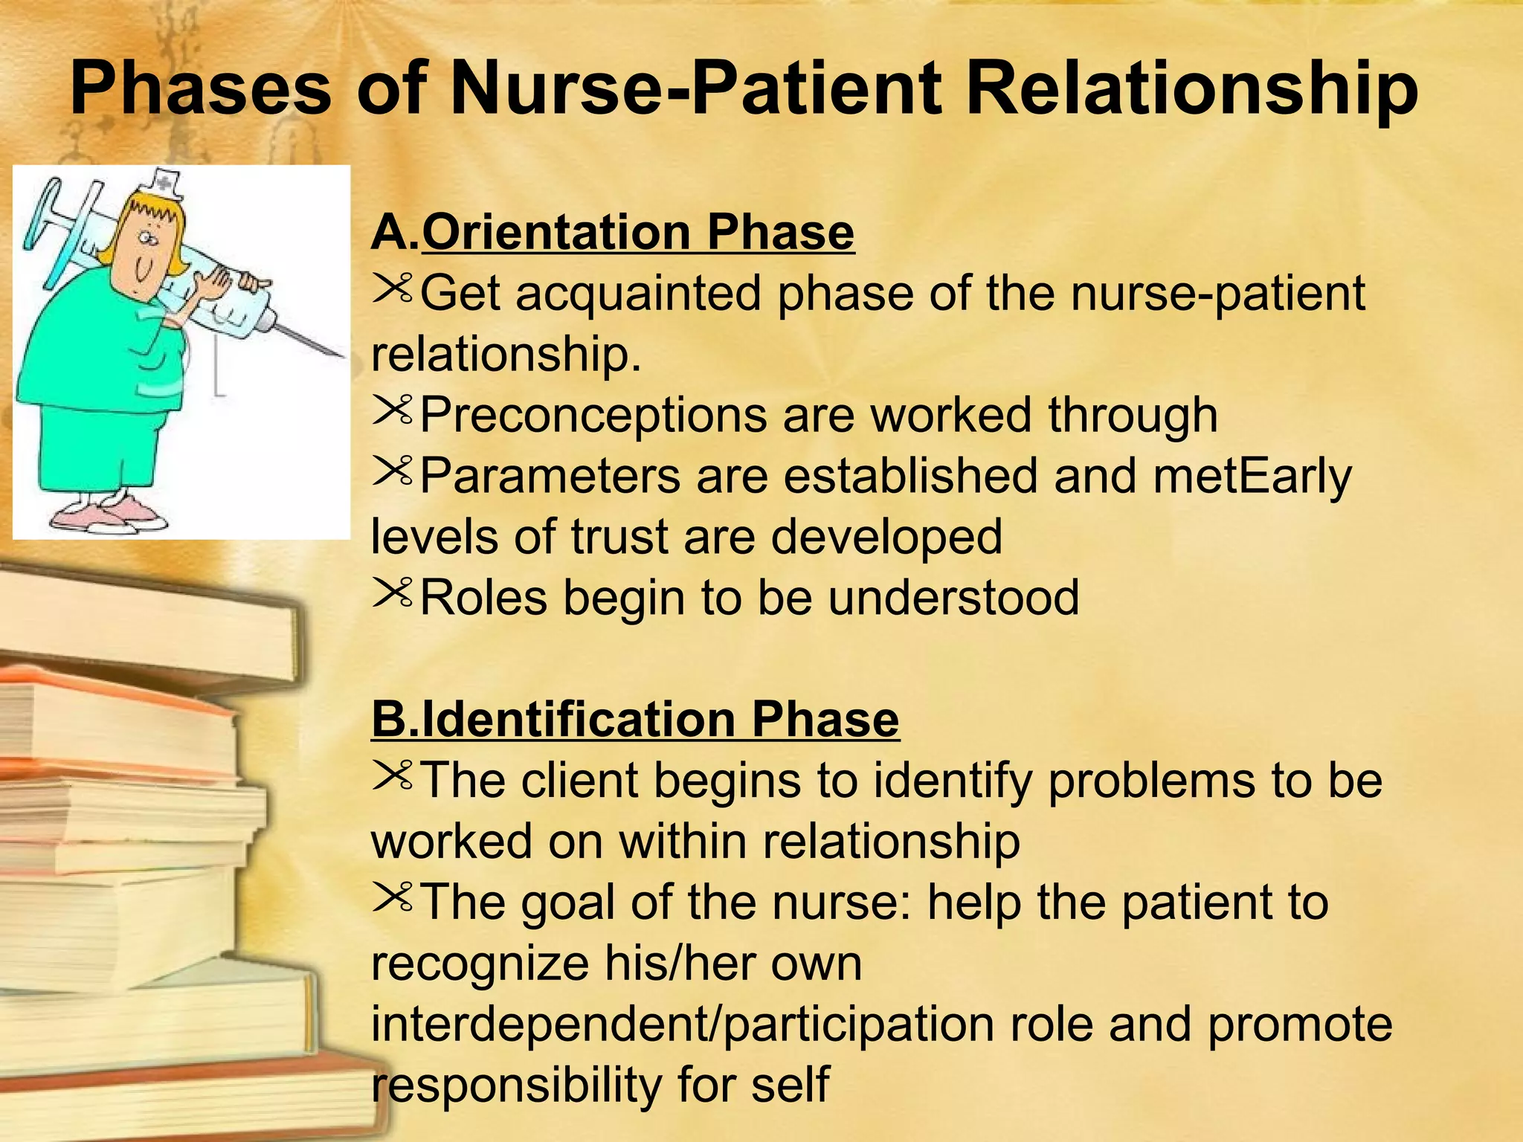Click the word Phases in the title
click(x=201, y=89)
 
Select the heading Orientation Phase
click(x=637, y=232)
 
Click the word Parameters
click(x=550, y=476)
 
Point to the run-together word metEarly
click(x=1252, y=476)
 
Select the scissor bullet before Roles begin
click(x=392, y=592)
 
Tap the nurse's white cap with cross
click(x=167, y=183)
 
